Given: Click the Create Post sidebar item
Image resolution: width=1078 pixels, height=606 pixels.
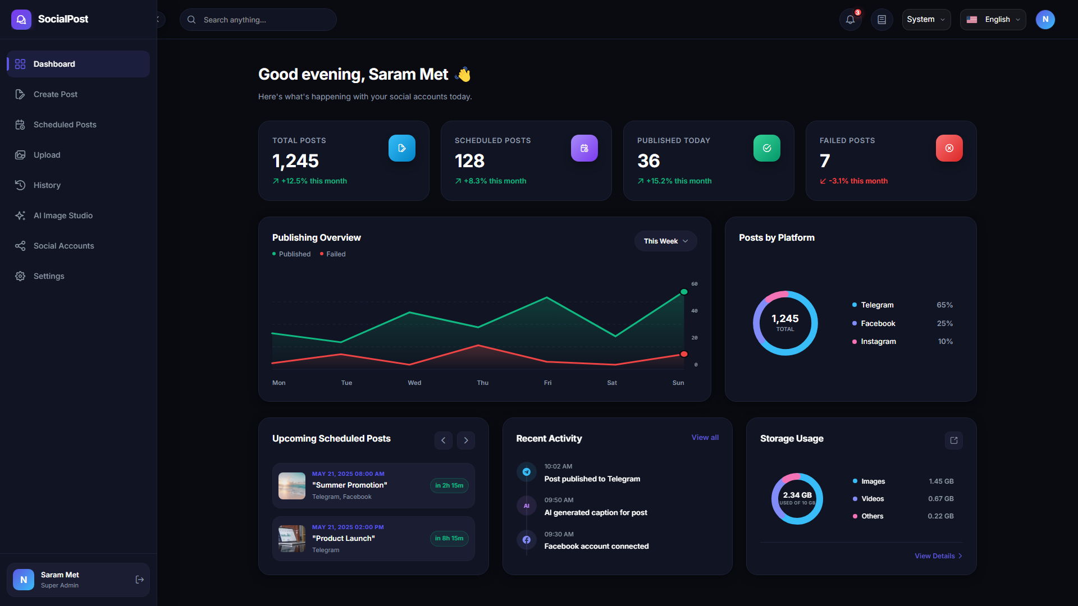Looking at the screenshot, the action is coord(78,94).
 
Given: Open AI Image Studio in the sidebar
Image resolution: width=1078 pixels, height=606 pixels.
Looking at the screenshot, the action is coord(78,215).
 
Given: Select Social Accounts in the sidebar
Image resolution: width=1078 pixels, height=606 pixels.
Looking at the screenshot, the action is coord(78,246).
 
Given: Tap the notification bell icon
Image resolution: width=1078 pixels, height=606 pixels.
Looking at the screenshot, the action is coord(850,20).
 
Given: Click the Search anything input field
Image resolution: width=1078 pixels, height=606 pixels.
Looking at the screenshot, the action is coord(258,20).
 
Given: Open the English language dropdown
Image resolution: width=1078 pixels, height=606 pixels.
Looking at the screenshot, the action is coord(993,20).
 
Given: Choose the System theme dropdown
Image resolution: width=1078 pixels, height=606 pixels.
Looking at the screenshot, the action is coord(926,20).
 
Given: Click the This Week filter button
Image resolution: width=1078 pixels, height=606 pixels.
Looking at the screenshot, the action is coord(666,241).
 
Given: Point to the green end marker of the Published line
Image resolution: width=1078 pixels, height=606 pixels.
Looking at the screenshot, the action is coord(684,292).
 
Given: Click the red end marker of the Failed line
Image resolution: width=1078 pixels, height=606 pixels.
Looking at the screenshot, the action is coord(684,354).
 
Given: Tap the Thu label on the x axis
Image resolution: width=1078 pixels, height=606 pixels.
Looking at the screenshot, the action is coord(483,383).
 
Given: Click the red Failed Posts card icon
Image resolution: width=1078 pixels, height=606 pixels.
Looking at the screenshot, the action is coord(949,148).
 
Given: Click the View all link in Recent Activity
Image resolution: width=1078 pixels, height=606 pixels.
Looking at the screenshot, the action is coord(705,438).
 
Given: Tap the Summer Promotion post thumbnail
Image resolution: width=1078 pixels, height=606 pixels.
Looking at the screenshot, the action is coord(292,486).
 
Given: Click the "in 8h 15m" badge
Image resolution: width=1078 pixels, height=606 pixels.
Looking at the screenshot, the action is coord(449,539).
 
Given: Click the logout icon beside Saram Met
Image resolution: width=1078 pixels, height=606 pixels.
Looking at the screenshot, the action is coord(140,580).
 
